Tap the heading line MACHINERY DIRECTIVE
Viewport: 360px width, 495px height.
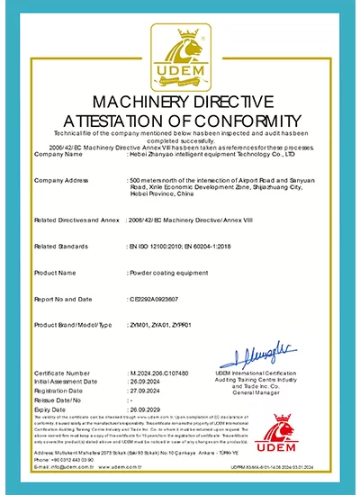(180, 100)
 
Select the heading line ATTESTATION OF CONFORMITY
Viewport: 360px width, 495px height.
(180, 119)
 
